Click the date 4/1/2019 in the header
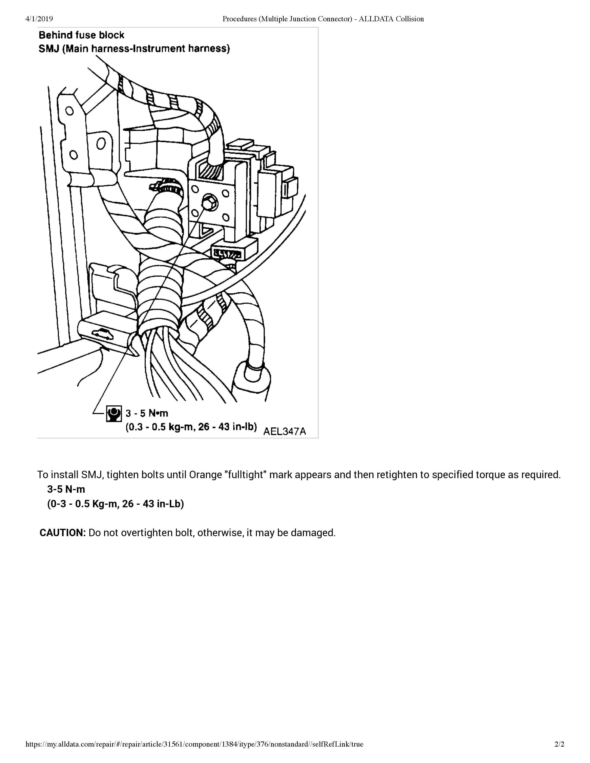click(39, 19)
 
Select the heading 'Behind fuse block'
click(81, 35)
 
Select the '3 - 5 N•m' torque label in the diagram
click(147, 413)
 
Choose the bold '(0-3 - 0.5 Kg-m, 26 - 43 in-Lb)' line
click(116, 504)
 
